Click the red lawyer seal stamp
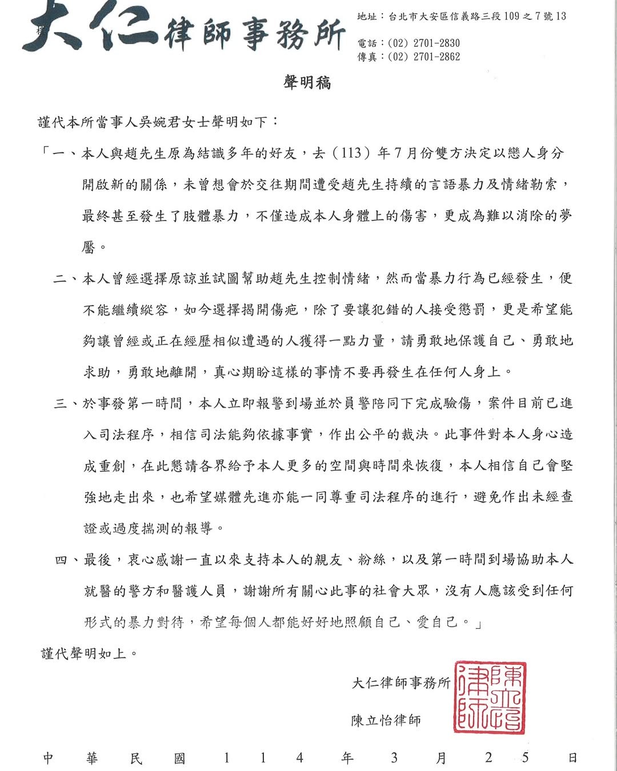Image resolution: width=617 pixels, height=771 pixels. [x=490, y=698]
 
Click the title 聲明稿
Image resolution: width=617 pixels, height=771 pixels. [x=307, y=83]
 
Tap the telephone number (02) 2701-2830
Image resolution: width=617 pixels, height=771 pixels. [x=424, y=43]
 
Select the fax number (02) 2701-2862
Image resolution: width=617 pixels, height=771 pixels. [x=424, y=57]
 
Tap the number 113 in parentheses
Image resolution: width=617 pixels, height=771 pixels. [x=351, y=153]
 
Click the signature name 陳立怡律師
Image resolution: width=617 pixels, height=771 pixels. [x=386, y=721]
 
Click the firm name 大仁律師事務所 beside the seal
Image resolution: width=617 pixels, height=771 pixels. [x=401, y=683]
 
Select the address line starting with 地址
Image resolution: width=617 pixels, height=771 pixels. [x=462, y=17]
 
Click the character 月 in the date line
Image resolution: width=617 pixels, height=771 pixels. [x=440, y=758]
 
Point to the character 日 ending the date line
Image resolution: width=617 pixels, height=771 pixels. [x=572, y=758]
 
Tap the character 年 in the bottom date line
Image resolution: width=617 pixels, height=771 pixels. [x=347, y=758]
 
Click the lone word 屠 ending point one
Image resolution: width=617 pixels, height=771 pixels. [x=89, y=247]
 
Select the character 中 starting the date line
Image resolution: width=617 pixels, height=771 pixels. [x=49, y=758]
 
